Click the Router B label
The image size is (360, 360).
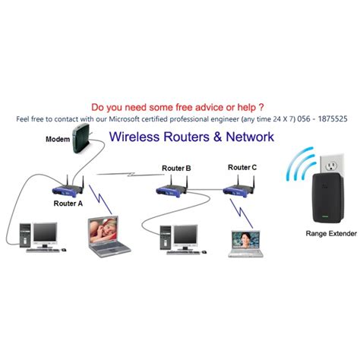click(x=176, y=168)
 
